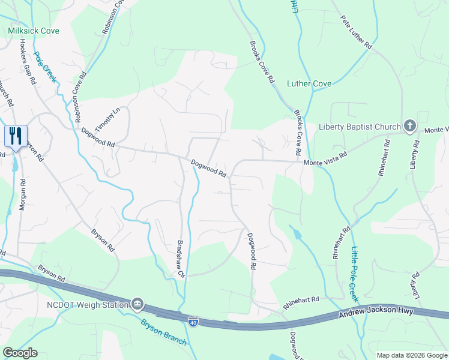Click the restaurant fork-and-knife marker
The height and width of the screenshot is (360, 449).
(16, 136)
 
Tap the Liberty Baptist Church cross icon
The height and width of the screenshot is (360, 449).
(409, 126)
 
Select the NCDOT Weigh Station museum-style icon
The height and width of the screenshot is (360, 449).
(137, 304)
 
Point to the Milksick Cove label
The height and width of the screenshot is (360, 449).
(34, 31)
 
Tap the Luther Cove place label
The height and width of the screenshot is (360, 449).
(309, 83)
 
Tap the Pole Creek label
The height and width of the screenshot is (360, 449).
(45, 67)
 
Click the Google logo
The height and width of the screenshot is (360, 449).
(20, 353)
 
